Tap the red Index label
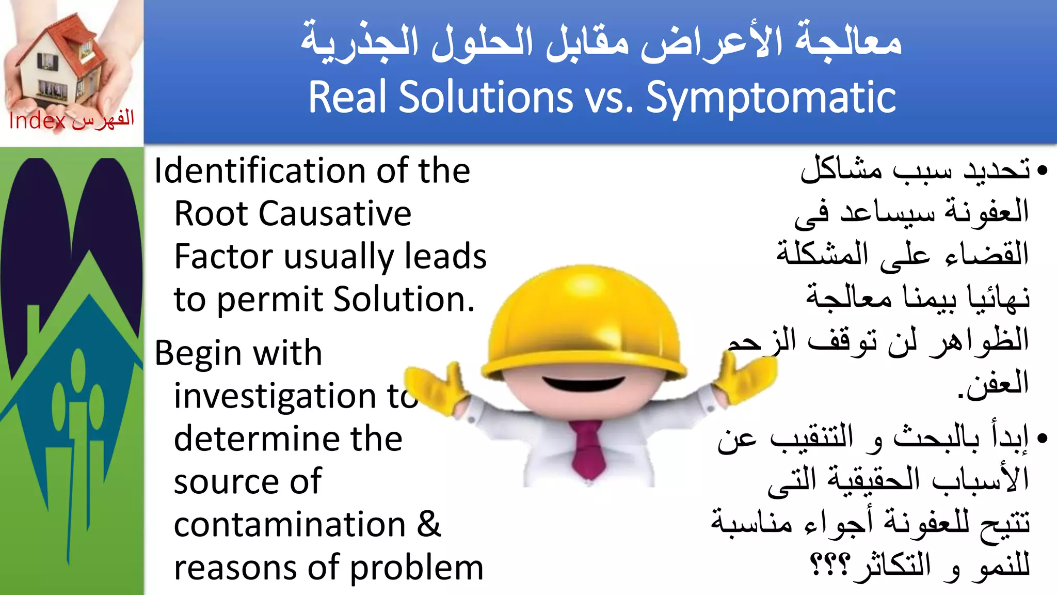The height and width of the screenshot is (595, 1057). point(37,121)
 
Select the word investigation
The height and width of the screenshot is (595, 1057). point(275,397)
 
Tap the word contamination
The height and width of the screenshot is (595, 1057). point(290,525)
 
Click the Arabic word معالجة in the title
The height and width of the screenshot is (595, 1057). point(848,41)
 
